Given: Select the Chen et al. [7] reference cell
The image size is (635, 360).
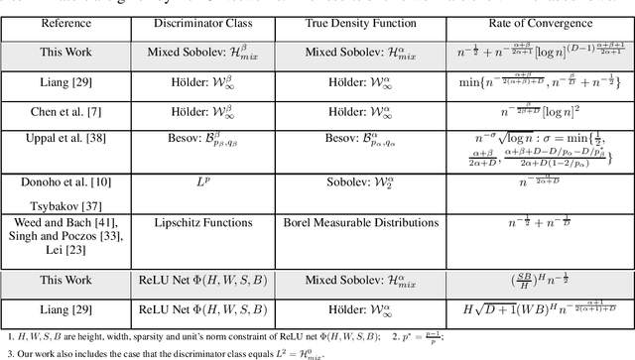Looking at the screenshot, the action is point(66,117).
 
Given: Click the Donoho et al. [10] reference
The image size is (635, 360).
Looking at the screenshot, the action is point(66,182).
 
